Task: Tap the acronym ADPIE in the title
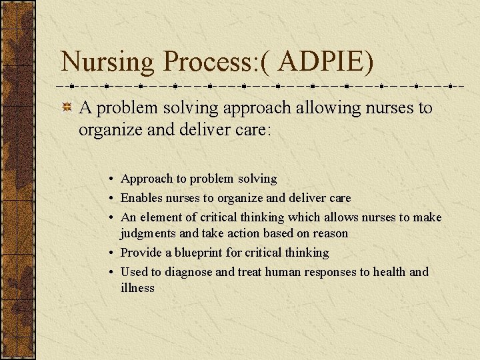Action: pos(321,62)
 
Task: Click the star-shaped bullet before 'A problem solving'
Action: pos(67,108)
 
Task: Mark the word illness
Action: pos(137,288)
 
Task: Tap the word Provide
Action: pos(141,253)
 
